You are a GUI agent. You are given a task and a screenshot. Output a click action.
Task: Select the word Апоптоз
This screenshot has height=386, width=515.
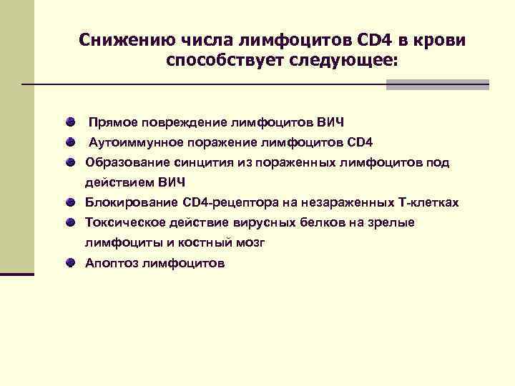[x=110, y=264]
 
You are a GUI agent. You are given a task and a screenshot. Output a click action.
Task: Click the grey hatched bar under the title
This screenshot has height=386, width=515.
[x=437, y=84]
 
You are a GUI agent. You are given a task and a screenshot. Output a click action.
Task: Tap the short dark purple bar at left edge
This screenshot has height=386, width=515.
[x=16, y=273]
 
